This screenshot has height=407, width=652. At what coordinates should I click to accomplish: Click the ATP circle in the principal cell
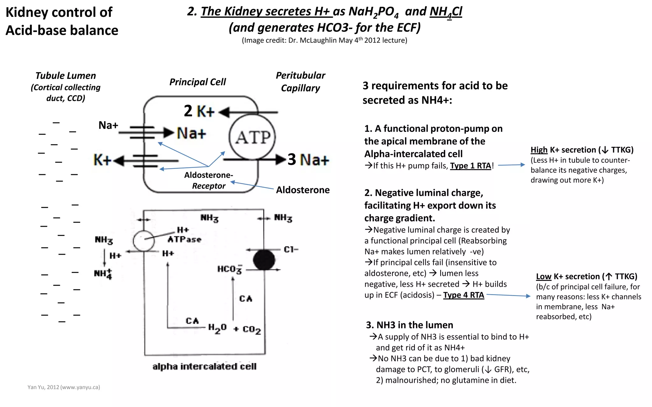[x=252, y=137]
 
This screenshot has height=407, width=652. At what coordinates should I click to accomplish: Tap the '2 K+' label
[x=199, y=111]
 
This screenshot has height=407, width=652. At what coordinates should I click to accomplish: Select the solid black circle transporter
[x=264, y=260]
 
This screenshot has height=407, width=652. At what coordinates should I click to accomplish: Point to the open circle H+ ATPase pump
[x=144, y=241]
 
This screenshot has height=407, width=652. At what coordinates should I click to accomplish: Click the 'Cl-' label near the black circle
[x=291, y=250]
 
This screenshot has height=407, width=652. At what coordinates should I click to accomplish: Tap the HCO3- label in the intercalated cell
[x=230, y=270]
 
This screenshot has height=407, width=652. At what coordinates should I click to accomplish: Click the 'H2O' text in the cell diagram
[x=217, y=328]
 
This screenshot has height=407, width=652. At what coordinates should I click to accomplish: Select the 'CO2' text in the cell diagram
[x=252, y=329]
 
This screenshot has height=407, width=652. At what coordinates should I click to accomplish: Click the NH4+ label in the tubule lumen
[x=103, y=274]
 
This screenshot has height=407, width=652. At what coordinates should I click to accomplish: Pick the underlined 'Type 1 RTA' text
[x=471, y=166]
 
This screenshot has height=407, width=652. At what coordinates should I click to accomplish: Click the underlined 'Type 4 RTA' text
[x=464, y=295]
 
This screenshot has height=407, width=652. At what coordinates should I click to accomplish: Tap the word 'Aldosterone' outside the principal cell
[x=303, y=190]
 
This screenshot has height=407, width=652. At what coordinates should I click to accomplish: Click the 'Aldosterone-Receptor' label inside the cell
[x=209, y=180]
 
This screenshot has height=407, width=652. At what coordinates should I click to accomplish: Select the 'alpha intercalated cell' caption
[x=204, y=367]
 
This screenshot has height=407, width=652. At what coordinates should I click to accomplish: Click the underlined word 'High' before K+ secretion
[x=539, y=150]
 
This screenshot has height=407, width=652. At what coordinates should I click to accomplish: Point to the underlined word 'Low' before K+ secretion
[x=543, y=276]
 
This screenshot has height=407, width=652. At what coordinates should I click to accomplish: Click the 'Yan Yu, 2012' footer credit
[x=64, y=387]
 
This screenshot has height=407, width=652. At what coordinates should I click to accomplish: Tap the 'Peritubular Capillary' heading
[x=300, y=82]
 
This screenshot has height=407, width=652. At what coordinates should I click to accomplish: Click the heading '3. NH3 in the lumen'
[x=409, y=325]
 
